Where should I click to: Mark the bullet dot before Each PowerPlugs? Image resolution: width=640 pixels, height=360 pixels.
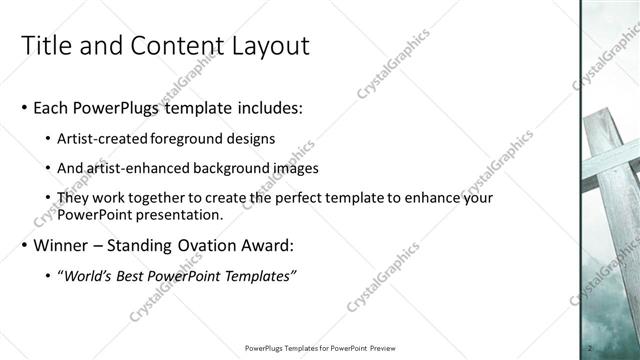click(x=23, y=107)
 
